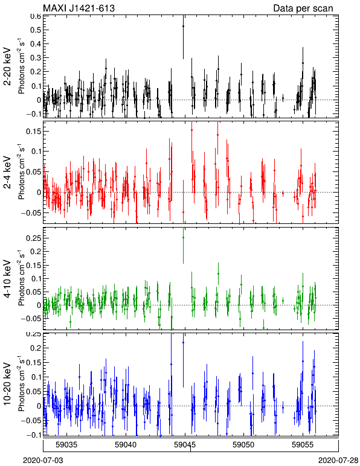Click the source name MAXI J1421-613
tap(79, 8)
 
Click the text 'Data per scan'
tap(303, 8)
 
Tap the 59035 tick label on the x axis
tap(66, 445)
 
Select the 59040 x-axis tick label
tap(126, 445)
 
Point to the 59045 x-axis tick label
tap(185, 445)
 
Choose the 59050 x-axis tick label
tap(244, 445)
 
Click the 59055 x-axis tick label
tap(303, 445)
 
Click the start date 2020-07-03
tap(43, 461)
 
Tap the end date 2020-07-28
tap(338, 461)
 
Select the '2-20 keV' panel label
tap(7, 66)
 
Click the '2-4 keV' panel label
tap(7, 173)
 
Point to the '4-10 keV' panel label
tap(7, 279)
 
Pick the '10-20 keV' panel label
tap(7, 384)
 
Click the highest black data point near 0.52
tap(183, 26)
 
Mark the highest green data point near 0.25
tap(183, 237)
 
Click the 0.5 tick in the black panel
tap(36, 30)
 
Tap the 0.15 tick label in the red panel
tap(33, 132)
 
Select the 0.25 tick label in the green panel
tap(33, 238)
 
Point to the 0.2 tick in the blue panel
tap(36, 348)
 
